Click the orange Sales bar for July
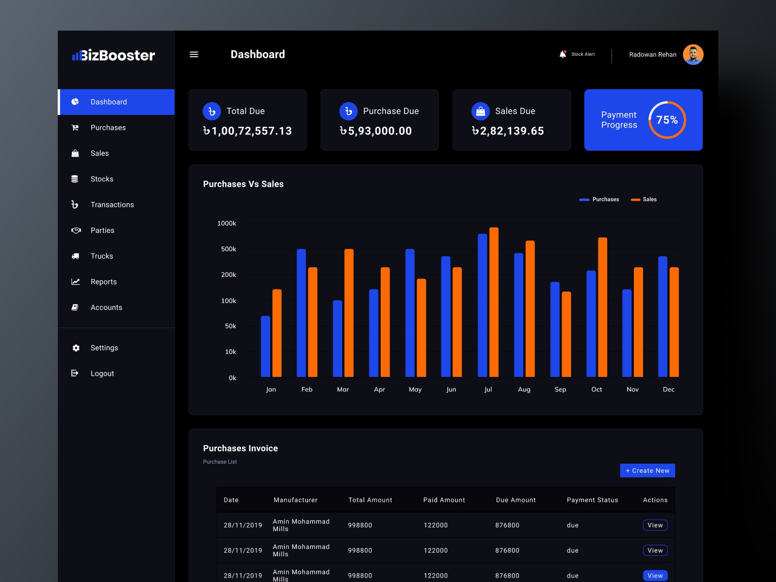pyautogui.click(x=494, y=302)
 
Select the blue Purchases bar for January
pyautogui.click(x=265, y=346)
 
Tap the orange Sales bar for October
pyautogui.click(x=602, y=307)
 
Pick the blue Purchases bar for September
pyautogui.click(x=555, y=329)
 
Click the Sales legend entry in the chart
pyautogui.click(x=644, y=199)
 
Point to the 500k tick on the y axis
pyautogui.click(x=228, y=249)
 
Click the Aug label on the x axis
pyautogui.click(x=524, y=389)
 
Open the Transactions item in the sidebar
pyautogui.click(x=112, y=205)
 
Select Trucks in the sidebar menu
pyautogui.click(x=102, y=256)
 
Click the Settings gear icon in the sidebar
pyautogui.click(x=76, y=348)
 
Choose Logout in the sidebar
pyautogui.click(x=102, y=373)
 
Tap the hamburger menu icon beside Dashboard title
pyautogui.click(x=194, y=54)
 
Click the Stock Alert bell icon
pyautogui.click(x=563, y=54)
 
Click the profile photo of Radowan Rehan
pyautogui.click(x=693, y=54)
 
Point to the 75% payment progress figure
pyautogui.click(x=667, y=120)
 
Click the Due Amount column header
pyautogui.click(x=516, y=500)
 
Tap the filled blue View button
pyautogui.click(x=655, y=575)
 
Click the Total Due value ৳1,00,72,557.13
pyautogui.click(x=247, y=131)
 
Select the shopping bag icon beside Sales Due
pyautogui.click(x=481, y=112)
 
